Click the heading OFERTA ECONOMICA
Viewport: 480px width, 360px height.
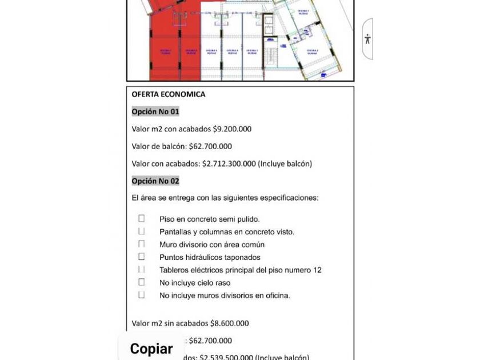(168, 94)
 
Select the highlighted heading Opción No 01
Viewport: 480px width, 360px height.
(155, 111)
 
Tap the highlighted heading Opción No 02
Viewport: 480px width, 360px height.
(155, 181)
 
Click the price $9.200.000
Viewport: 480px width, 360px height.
(232, 129)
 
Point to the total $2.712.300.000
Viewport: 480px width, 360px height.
(229, 164)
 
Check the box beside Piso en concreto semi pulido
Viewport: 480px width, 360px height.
(141, 218)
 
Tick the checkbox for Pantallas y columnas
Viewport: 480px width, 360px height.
(141, 231)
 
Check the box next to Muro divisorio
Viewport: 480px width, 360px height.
(141, 244)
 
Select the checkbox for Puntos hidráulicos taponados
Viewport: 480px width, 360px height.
(141, 257)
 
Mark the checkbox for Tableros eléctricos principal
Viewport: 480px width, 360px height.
(141, 269)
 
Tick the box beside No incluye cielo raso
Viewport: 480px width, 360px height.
(141, 282)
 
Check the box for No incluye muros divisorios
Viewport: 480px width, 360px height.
(141, 295)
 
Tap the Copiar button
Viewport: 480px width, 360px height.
(151, 349)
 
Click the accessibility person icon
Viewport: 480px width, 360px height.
(367, 39)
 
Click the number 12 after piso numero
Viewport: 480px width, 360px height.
(317, 270)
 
